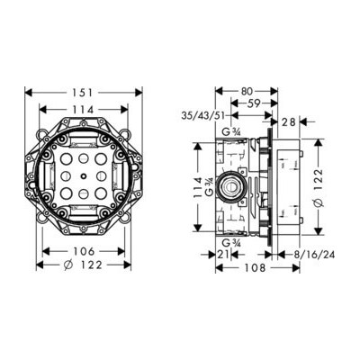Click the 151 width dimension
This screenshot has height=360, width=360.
click(x=83, y=92)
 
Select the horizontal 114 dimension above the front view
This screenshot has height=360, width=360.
click(x=83, y=110)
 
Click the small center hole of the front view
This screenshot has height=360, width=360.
click(x=83, y=179)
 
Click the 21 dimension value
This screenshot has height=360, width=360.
click(x=224, y=256)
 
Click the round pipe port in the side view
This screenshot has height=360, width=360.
click(x=234, y=187)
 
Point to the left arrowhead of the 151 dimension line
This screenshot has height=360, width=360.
click(x=27, y=92)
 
